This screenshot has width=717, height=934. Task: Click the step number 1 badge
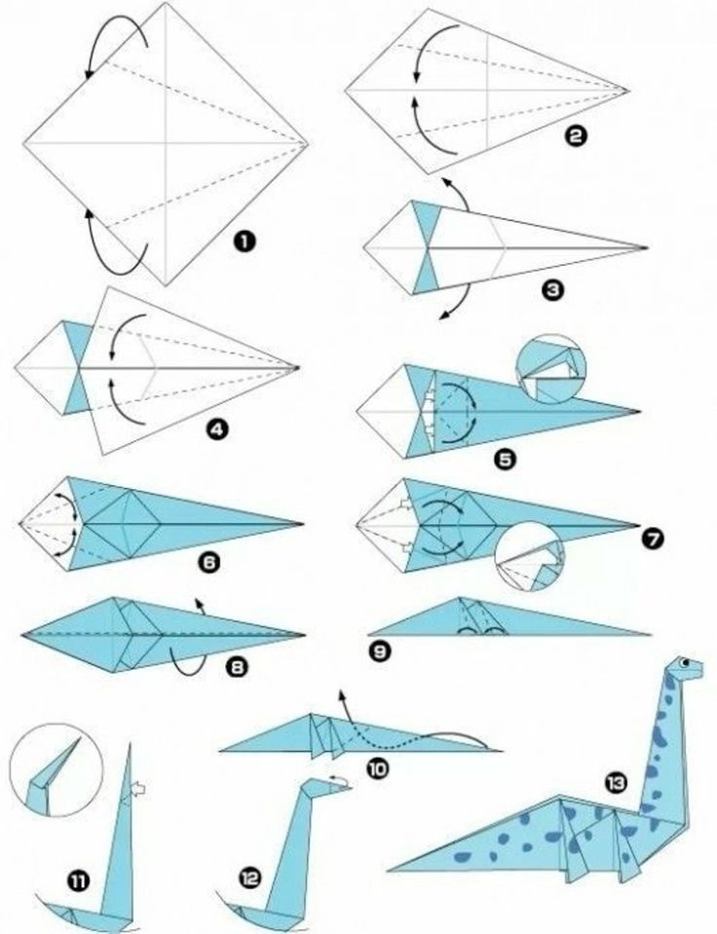tap(245, 242)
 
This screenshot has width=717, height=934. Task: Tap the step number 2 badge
tap(575, 136)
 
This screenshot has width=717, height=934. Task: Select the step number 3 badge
tap(552, 290)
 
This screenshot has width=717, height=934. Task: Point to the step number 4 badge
tap(217, 429)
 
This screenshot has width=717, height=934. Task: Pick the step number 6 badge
tap(208, 562)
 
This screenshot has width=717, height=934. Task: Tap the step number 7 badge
tap(653, 539)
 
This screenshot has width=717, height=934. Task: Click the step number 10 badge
tap(377, 768)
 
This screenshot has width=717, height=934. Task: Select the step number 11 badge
tap(78, 879)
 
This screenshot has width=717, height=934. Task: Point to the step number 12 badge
tap(251, 878)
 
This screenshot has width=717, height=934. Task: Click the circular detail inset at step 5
tap(551, 369)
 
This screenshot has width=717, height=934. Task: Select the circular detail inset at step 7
tap(530, 556)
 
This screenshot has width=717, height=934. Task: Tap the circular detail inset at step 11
tap(57, 769)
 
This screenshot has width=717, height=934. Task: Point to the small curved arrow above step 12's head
tap(341, 779)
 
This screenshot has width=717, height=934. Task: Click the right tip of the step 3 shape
tap(647, 247)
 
